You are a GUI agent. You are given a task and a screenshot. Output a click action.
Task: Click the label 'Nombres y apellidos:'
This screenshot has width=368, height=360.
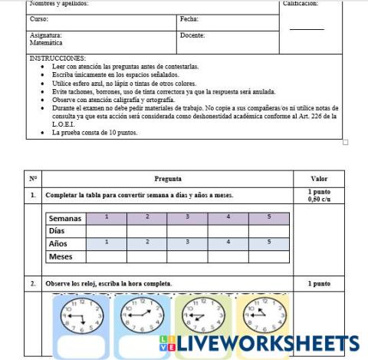coord(58,4)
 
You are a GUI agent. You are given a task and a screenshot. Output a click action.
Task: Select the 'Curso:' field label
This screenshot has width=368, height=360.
coord(38,18)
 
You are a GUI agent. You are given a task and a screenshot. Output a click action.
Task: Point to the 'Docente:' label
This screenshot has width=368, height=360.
coord(192,35)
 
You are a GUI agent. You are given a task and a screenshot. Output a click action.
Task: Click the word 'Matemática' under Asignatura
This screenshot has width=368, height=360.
coord(46,44)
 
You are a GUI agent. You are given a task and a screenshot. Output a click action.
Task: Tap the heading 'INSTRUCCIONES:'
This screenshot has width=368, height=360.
coord(58,58)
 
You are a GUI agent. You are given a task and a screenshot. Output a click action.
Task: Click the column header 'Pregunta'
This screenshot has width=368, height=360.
coord(168,178)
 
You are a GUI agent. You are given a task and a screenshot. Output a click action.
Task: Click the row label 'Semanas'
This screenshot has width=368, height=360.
coord(66,218)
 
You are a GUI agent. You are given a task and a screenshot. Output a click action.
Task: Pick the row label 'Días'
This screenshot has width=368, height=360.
coord(57,230)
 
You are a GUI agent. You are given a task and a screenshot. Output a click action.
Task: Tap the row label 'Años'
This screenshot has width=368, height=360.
coord(58,243)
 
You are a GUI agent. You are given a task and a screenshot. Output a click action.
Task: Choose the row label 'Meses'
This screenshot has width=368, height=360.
coord(61,256)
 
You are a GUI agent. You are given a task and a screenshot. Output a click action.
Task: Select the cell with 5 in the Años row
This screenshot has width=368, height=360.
coord(269,243)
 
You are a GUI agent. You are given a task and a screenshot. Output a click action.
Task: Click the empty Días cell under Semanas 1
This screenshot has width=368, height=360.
coord(107,230)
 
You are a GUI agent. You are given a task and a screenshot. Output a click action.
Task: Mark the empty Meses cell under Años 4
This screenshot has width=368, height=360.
coord(228,256)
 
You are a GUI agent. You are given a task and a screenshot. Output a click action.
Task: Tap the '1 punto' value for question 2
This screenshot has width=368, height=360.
coord(318,283)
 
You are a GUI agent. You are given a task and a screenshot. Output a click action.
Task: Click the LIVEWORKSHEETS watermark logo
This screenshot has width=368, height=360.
coord(261,342)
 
